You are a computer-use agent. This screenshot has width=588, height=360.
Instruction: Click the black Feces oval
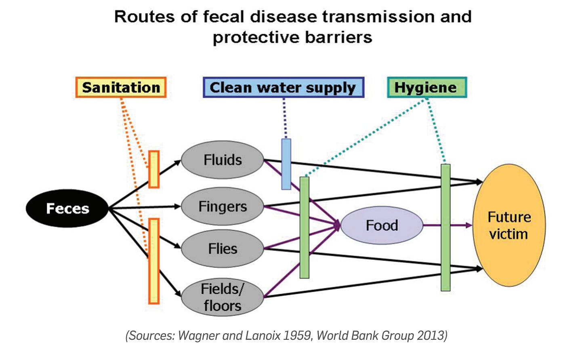tap(67, 208)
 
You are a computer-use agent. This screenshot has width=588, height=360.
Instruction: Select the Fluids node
tap(223, 160)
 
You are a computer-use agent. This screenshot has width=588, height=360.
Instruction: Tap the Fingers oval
tap(223, 206)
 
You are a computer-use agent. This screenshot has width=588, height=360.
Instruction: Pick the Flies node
tap(223, 248)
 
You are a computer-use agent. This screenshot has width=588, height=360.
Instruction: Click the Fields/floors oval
tap(223, 297)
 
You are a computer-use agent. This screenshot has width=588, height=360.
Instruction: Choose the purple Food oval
tap(382, 225)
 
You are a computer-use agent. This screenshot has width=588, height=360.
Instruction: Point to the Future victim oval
tap(509, 225)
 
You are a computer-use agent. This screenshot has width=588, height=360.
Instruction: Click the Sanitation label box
tap(121, 87)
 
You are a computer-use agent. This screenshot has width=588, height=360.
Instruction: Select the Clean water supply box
tap(283, 87)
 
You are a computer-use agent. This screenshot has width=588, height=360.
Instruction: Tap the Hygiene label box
tap(426, 87)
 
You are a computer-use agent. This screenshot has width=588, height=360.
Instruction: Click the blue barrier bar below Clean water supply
tap(286, 164)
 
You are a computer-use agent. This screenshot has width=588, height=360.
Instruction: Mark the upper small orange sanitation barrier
tap(153, 169)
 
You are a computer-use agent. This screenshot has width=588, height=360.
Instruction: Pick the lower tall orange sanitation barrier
tap(154, 261)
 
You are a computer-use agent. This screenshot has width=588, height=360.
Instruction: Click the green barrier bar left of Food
tap(304, 227)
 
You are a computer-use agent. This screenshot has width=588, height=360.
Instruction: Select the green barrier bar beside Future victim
tap(445, 227)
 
